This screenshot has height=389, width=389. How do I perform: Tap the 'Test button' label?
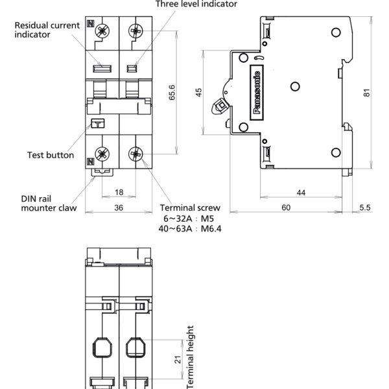[x=51, y=155]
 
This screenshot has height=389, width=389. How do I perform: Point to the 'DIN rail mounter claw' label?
[x=49, y=203]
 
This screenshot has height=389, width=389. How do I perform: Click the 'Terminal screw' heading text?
[x=190, y=208]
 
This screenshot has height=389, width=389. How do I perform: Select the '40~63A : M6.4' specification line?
[x=190, y=228]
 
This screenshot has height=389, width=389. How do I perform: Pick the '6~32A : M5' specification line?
[x=190, y=218]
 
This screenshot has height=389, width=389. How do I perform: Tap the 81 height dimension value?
[x=367, y=93]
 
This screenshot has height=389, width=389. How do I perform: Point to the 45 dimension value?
[x=199, y=93]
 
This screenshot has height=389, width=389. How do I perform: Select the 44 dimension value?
[x=301, y=193]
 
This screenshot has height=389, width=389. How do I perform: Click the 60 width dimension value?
[x=286, y=207]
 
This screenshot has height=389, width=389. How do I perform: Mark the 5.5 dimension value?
[x=364, y=207]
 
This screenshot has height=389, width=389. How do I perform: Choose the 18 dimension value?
[x=119, y=193]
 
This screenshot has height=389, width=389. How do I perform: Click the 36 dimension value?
[x=119, y=207]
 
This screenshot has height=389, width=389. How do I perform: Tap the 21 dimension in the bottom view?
[x=178, y=359]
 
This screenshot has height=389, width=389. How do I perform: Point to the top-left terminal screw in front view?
[x=102, y=29]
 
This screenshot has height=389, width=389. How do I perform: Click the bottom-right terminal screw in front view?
[x=136, y=154]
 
